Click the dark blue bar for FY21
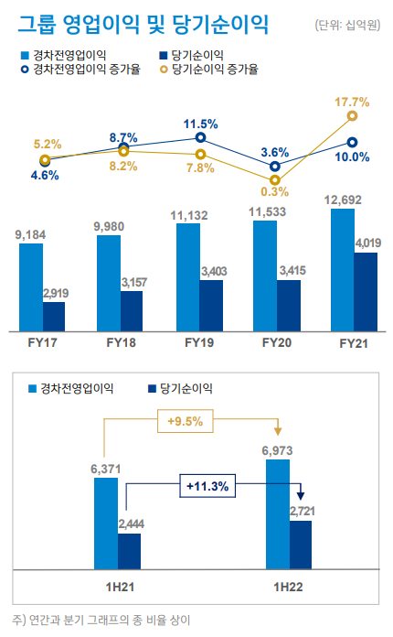point(366,291)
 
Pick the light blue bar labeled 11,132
point(188,276)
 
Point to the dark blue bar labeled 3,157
point(132,310)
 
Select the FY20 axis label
point(276,342)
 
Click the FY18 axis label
point(121,342)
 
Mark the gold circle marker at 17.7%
point(353,116)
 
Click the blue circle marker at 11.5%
point(200,137)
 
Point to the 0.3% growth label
point(274,191)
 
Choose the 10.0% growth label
point(353,157)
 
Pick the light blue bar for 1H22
point(278,513)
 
